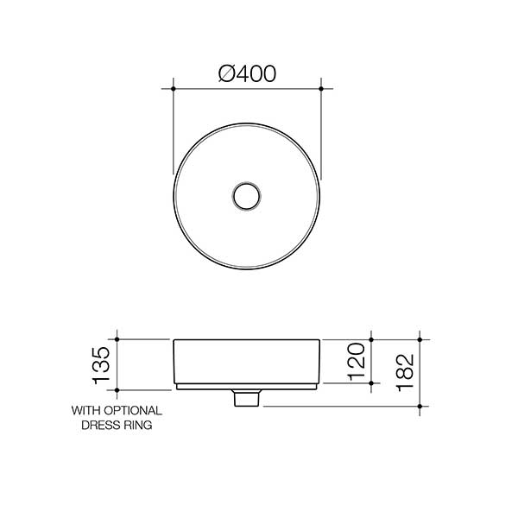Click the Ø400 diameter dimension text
pyautogui.click(x=247, y=75)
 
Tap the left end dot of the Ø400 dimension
pyautogui.click(x=174, y=88)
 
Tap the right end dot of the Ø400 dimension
pyautogui.click(x=321, y=88)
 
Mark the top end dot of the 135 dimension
pyautogui.click(x=117, y=340)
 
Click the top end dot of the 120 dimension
pyautogui.click(x=370, y=340)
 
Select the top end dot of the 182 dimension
pyautogui.click(x=420, y=340)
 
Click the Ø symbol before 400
pyautogui.click(x=227, y=75)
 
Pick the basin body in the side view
pyautogui.click(x=248, y=363)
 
